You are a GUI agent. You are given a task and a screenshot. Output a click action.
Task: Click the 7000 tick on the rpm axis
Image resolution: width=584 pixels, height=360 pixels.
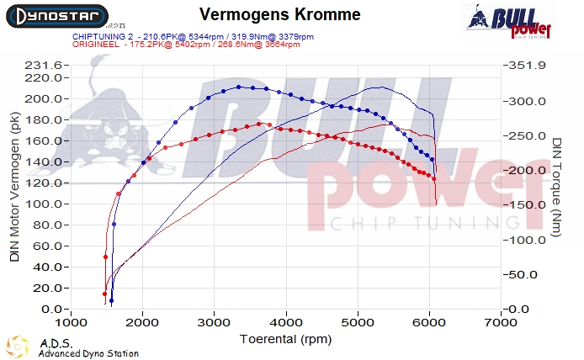point(502,322)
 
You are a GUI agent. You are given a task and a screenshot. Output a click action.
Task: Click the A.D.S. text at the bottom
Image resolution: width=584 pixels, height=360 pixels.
point(55,343)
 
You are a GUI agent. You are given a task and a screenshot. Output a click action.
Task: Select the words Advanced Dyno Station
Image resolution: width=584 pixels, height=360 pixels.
point(88,353)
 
